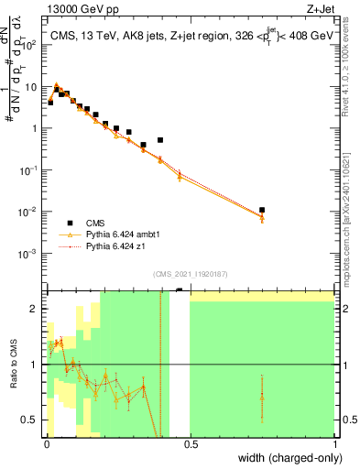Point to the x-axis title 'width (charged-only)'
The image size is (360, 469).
point(287,457)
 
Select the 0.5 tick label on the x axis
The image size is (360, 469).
point(190,444)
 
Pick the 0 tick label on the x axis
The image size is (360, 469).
point(47,444)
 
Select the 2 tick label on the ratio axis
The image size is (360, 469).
point(35,309)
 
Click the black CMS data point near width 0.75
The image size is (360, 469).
point(262,210)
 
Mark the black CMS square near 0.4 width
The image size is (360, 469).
point(160,140)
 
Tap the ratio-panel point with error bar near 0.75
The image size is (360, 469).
point(262,396)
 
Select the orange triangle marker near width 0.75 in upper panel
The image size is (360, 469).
point(262,218)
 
